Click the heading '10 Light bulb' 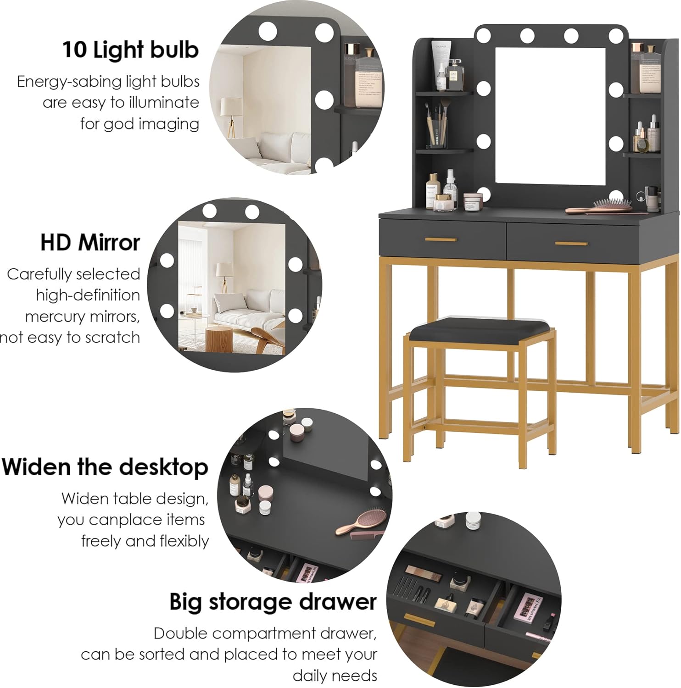[130, 50]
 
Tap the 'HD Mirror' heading [90, 243]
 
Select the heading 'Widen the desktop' [105, 467]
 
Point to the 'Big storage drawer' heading [273, 602]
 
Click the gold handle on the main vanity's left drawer [441, 239]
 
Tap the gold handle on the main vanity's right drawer [571, 243]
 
